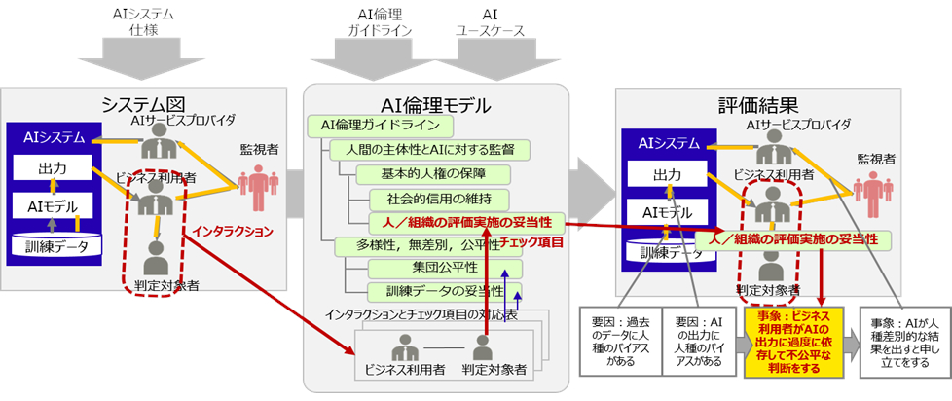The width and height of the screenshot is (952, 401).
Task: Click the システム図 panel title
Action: tap(145, 104)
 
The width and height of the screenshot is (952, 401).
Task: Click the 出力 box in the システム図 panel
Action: tap(52, 168)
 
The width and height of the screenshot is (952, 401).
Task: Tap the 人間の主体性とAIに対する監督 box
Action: tap(429, 150)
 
